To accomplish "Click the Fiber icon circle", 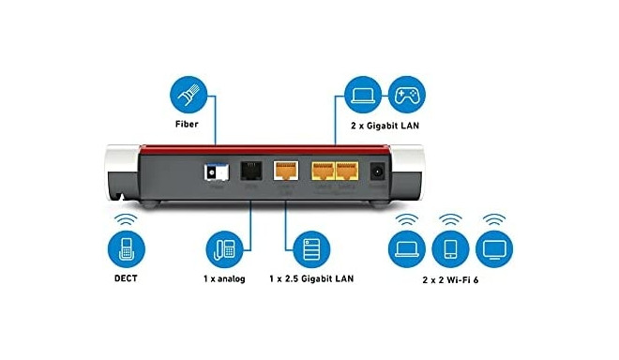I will click(x=187, y=97).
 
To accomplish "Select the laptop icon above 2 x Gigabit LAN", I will click(x=362, y=97).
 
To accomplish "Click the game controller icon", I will click(x=407, y=97).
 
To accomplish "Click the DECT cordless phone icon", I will click(x=127, y=250).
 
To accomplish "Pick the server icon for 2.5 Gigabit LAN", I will click(x=311, y=250).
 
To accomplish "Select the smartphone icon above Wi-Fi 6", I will click(x=450, y=250).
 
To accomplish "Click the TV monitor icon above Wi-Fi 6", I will click(x=495, y=250).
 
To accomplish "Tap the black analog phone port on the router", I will click(x=250, y=171).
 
